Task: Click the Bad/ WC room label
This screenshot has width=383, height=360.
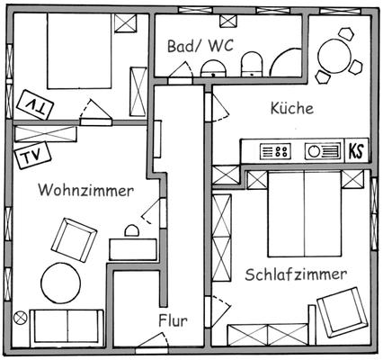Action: (200, 46)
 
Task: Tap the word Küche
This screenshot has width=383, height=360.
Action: (292, 108)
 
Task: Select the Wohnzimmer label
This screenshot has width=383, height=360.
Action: (85, 190)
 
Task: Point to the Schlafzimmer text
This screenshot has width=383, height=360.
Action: (296, 274)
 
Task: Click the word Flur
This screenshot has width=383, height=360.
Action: (173, 320)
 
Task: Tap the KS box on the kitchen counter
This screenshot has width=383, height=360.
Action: (356, 151)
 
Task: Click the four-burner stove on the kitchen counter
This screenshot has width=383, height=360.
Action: (275, 151)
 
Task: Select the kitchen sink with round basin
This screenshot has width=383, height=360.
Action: (323, 151)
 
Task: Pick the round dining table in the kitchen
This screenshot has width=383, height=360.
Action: (334, 57)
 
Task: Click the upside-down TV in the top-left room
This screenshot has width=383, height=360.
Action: (35, 104)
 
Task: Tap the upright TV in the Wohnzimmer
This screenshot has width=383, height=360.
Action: (32, 156)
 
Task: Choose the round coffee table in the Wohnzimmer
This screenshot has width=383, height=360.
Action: (61, 283)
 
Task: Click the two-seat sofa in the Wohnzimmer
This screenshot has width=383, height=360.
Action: (67, 328)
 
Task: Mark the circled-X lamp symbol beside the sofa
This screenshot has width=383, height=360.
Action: (21, 318)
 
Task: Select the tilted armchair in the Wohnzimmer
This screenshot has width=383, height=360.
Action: (74, 240)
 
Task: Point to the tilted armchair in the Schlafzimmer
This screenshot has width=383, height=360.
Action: (343, 312)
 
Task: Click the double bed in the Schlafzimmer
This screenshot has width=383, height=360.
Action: (305, 214)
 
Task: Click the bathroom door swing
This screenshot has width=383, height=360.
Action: (181, 71)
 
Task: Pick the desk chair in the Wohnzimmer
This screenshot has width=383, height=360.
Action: (132, 230)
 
